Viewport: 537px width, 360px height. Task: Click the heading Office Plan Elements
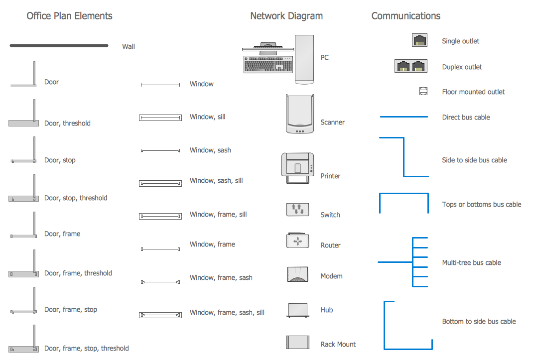point(69,16)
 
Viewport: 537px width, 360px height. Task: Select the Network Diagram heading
point(286,16)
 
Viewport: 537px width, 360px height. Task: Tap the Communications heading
point(405,16)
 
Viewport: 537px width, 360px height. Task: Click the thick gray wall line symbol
point(59,46)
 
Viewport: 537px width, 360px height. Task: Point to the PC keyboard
point(268,64)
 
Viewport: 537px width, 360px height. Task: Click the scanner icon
point(300,115)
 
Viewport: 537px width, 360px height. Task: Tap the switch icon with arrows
point(298,209)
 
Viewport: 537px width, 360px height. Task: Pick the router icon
point(298,240)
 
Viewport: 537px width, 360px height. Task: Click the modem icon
point(298,274)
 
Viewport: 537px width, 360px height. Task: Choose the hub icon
point(298,310)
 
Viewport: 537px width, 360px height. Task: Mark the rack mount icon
point(298,343)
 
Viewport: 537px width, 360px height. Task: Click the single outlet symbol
point(419,40)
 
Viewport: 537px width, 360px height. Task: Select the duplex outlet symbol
point(411,66)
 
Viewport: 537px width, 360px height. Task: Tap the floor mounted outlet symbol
point(423,91)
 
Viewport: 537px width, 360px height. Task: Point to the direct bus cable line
point(403,117)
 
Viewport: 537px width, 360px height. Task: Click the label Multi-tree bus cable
point(471,262)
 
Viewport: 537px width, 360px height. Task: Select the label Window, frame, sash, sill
point(227,313)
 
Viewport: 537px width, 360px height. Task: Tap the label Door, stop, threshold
point(76,198)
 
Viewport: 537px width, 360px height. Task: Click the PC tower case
point(304,58)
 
